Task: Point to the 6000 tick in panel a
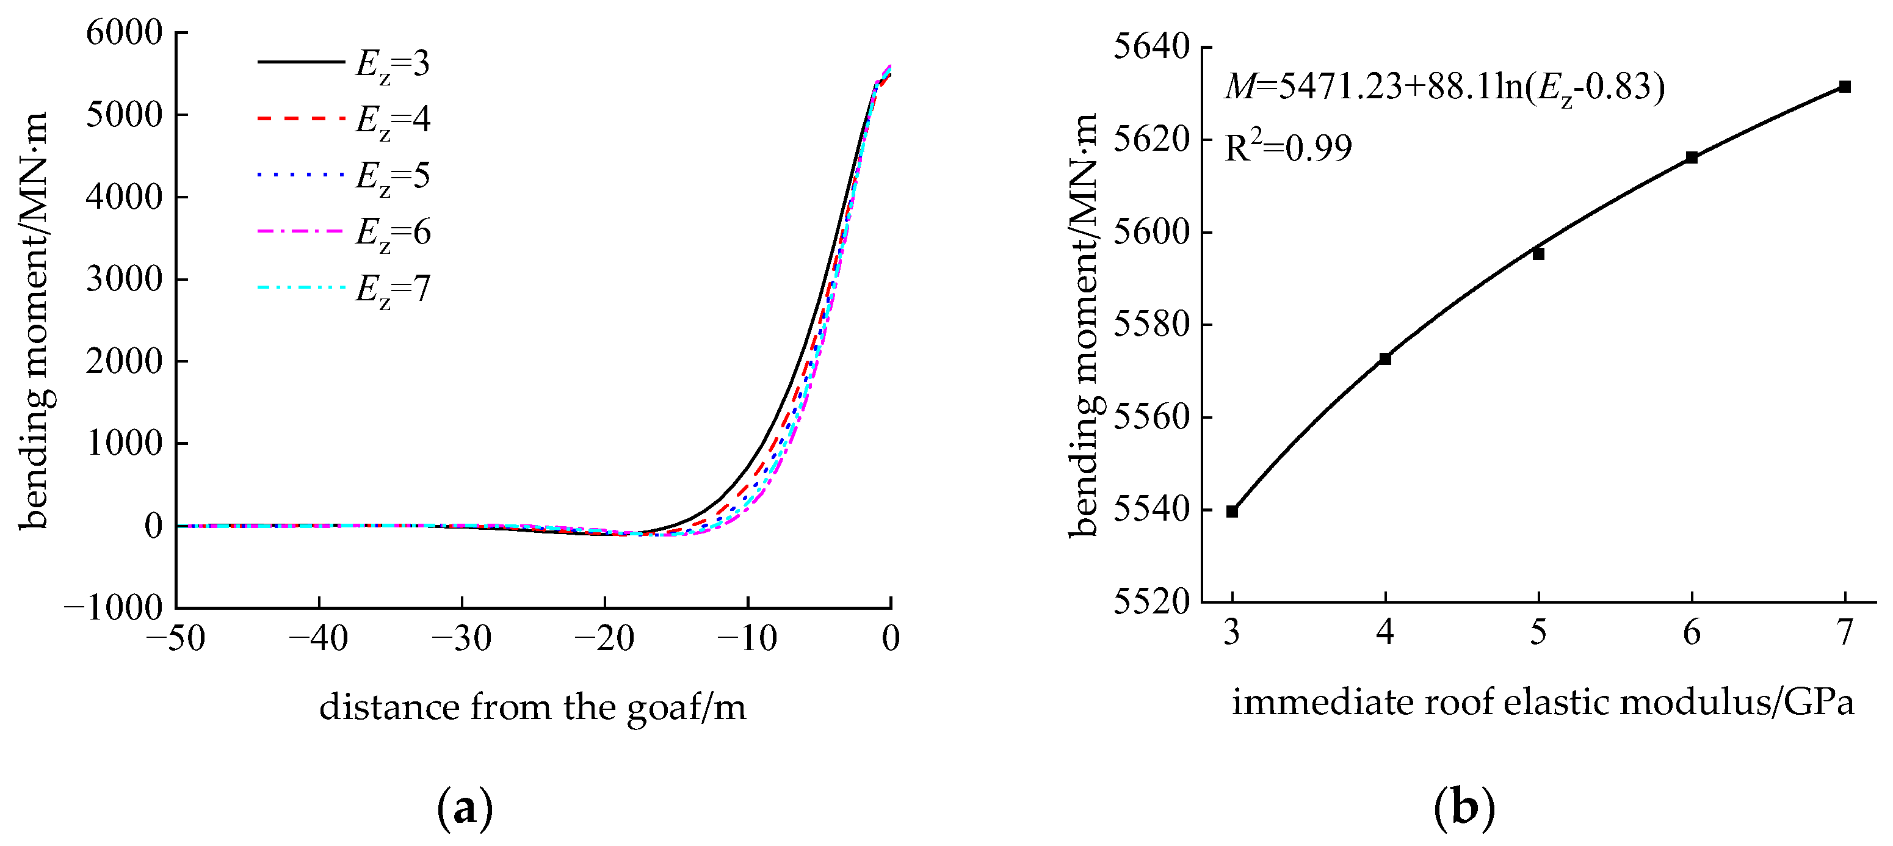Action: coord(123,33)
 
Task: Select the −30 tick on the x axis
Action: coord(461,638)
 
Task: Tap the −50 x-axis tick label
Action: coord(176,638)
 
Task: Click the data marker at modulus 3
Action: coord(1232,512)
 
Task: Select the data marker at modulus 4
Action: coord(1385,359)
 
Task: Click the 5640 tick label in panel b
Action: coord(1151,47)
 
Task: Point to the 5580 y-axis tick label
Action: coord(1151,324)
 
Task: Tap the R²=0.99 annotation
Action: coord(1288,148)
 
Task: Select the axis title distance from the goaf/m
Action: coord(533,707)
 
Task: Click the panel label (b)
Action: coord(1464,809)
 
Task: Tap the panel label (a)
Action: coord(465,809)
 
